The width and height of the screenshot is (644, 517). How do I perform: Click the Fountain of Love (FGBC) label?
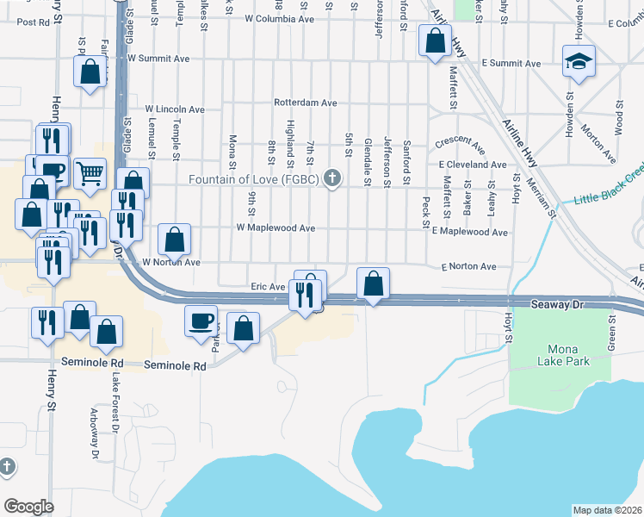[255, 179]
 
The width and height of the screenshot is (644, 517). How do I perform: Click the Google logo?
[28, 506]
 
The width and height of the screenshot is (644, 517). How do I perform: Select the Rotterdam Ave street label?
[305, 102]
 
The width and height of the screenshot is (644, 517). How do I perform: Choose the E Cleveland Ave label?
[472, 164]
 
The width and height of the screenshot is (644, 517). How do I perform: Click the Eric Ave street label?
[267, 286]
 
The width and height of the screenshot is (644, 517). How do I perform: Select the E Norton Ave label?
[468, 267]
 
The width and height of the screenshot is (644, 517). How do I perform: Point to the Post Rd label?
[33, 22]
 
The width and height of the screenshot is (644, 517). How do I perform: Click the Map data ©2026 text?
[607, 510]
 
